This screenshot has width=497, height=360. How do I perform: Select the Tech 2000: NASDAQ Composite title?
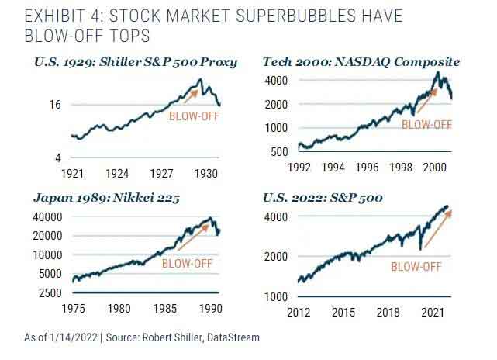(x=361, y=61)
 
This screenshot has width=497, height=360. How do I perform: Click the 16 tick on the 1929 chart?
(x=56, y=105)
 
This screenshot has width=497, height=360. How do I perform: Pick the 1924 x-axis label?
(x=117, y=173)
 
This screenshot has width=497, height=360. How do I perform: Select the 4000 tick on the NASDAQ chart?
(x=277, y=81)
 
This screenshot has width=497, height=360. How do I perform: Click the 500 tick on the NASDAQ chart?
(x=280, y=151)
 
